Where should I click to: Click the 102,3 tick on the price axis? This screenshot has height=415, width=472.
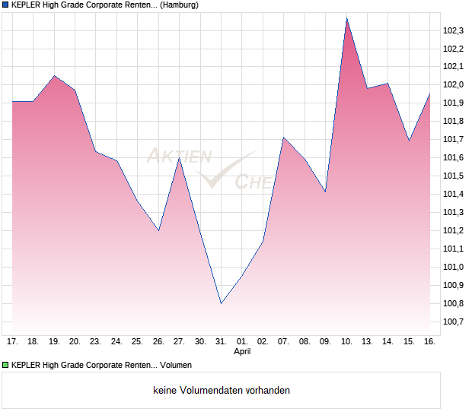coord(453,30)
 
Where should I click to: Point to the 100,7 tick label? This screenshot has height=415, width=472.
coord(453,322)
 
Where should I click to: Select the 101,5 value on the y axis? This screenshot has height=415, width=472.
coord(453,176)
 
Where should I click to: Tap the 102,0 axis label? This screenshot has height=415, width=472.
coord(453,85)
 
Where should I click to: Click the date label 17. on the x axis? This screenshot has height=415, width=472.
coord(12,341)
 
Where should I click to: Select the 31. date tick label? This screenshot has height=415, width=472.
coord(221,341)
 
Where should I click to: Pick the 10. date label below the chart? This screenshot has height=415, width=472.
coord(346,341)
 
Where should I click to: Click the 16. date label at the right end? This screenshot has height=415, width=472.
coord(429,341)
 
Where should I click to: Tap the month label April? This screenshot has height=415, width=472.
coord(242,352)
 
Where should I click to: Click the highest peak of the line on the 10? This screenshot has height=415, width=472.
coord(346,18)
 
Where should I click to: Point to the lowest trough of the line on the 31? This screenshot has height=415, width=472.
coord(221,303)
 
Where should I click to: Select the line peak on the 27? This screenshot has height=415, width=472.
coord(179,157)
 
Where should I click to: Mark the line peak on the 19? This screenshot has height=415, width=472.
coord(54,76)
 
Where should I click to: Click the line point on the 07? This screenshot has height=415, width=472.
coord(283,138)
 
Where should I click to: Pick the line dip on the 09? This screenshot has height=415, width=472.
coord(325,192)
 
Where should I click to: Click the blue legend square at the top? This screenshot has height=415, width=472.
coord(5,5)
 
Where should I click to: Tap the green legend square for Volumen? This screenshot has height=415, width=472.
coord(5,364)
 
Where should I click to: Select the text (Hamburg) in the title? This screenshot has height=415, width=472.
coord(180,5)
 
